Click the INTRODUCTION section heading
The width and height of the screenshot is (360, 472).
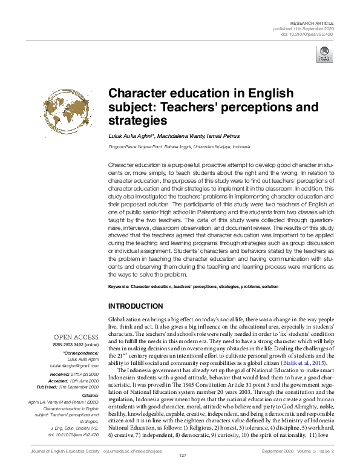tap(135, 306)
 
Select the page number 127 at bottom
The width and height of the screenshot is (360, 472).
tap(180, 463)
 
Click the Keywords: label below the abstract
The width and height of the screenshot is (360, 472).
tap(119, 286)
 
